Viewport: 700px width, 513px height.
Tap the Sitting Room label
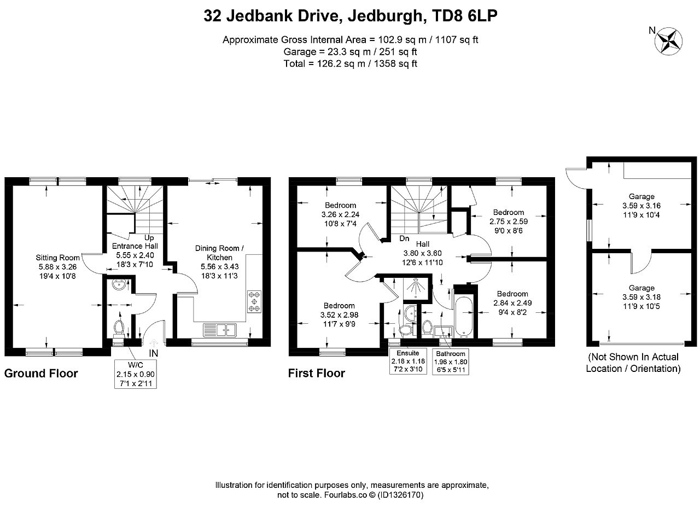pyautogui.click(x=57, y=258)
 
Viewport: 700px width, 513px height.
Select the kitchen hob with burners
pyautogui.click(x=254, y=301)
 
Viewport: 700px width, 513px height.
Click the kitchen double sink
pyautogui.click(x=219, y=330)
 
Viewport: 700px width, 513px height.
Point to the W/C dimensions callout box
pyautogui.click(x=136, y=374)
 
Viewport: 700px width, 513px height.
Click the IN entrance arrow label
pyautogui.click(x=154, y=353)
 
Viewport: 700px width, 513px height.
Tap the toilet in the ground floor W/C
pyautogui.click(x=119, y=329)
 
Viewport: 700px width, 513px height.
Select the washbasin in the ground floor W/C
pyautogui.click(x=119, y=284)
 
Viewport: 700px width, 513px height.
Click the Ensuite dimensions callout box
pyautogui.click(x=408, y=362)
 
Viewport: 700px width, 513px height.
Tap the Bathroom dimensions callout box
pyautogui.click(x=450, y=362)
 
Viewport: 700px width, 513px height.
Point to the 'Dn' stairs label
pyautogui.click(x=404, y=238)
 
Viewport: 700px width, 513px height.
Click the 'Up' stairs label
pyautogui.click(x=149, y=238)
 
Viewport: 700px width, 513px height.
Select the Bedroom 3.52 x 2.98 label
pyautogui.click(x=339, y=314)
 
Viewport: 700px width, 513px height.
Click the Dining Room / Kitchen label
pyautogui.click(x=219, y=253)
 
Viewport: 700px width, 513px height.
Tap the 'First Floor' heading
pyautogui.click(x=316, y=373)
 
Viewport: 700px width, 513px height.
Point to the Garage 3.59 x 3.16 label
pyautogui.click(x=641, y=206)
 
